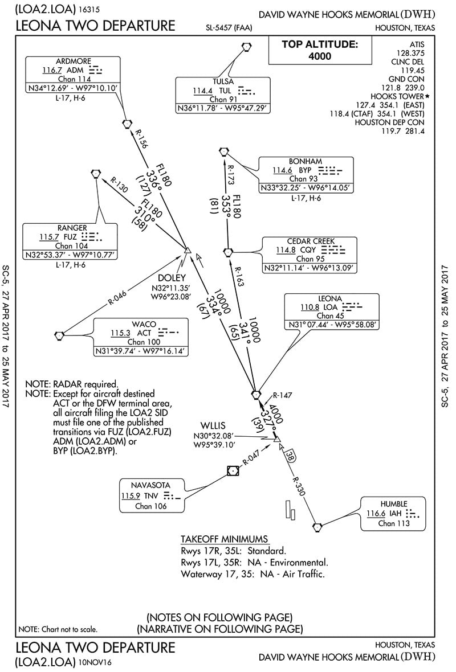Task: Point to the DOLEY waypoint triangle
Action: coord(186,249)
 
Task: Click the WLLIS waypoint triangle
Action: coord(276,439)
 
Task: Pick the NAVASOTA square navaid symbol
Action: coord(232,470)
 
